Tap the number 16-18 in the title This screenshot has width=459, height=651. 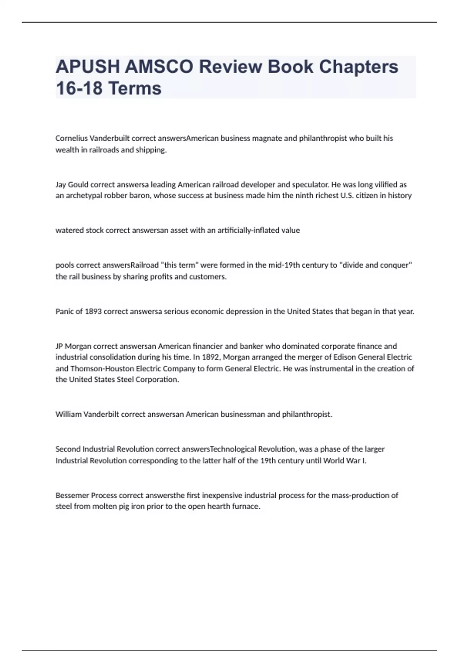coord(79,88)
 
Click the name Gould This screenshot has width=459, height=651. coord(78,185)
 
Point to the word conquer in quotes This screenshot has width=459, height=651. coord(397,265)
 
